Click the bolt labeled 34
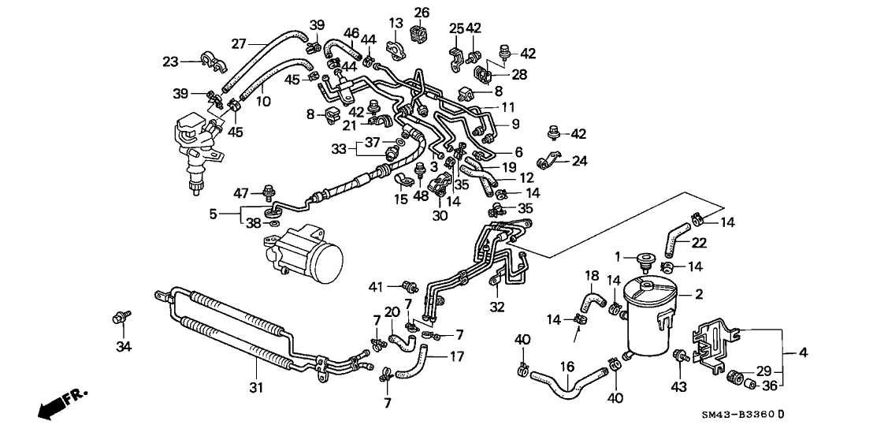point(121,317)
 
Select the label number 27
point(238,43)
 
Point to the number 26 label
point(422,12)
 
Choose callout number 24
point(580,162)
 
